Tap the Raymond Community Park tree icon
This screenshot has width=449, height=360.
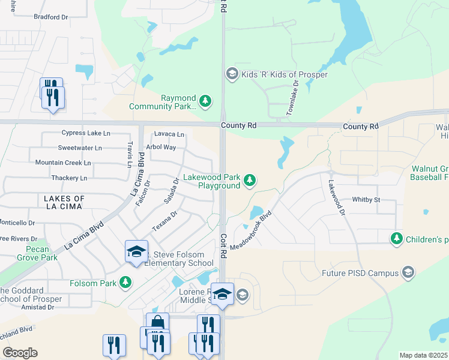click(205, 100)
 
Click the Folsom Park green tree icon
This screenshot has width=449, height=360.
click(125, 281)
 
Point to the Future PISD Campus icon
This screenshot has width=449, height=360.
click(408, 273)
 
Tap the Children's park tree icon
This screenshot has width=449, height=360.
click(396, 239)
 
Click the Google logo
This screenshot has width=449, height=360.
click(20, 352)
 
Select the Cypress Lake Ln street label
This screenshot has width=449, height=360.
click(86, 133)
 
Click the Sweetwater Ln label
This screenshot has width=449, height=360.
click(80, 148)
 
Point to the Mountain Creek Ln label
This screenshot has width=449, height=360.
click(62, 163)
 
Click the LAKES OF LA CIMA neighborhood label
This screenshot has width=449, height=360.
click(63, 202)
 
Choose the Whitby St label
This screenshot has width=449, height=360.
click(366, 199)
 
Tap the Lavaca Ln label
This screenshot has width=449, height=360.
click(169, 134)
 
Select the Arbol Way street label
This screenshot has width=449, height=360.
click(162, 147)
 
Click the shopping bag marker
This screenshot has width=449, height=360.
click(157, 323)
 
